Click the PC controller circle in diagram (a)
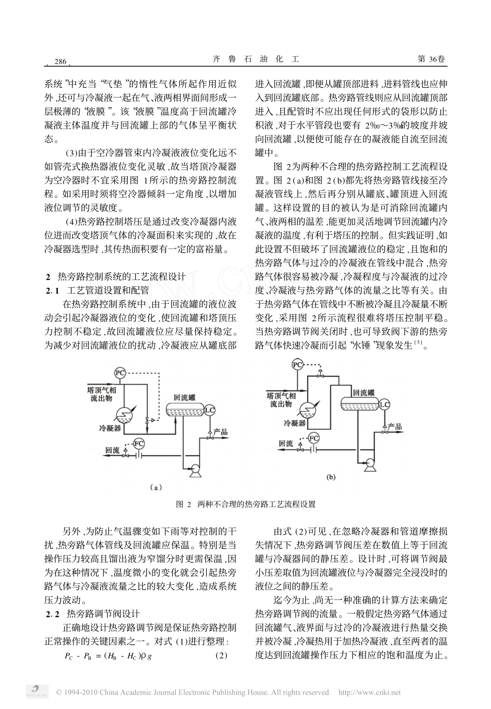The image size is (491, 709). click(x=120, y=372)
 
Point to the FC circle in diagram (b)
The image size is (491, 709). click(x=313, y=438)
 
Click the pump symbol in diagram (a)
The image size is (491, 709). click(x=195, y=469)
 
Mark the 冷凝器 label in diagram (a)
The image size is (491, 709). click(x=110, y=428)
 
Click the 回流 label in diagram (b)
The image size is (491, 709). click(x=286, y=443)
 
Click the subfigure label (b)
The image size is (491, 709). click(x=331, y=477)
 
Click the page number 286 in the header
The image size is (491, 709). click(x=60, y=62)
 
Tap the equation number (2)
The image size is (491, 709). click(x=221, y=656)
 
